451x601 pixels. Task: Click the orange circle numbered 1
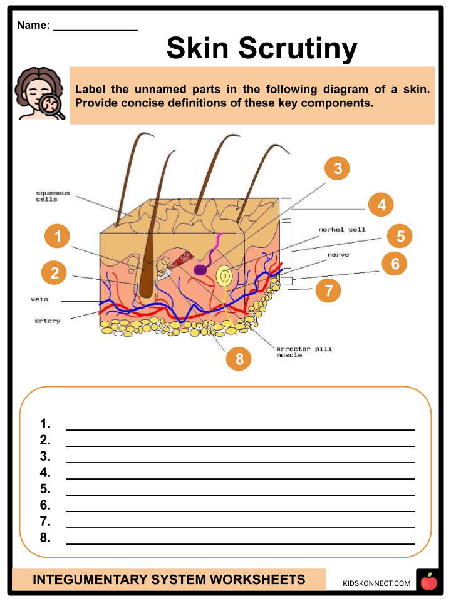(58, 237)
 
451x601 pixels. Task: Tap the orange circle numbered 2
(54, 273)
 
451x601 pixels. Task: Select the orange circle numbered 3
(338, 168)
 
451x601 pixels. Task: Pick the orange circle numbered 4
(381, 205)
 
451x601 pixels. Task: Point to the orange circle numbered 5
(400, 236)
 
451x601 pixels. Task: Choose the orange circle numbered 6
(395, 264)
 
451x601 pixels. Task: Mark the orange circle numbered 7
(328, 290)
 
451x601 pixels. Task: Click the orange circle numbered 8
(239, 358)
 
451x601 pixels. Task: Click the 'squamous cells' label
(53, 196)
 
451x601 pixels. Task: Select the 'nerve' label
(338, 255)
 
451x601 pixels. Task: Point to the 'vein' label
(39, 299)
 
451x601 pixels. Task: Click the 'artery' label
(48, 321)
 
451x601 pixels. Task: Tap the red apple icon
(429, 583)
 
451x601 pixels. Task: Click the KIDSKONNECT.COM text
(377, 583)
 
